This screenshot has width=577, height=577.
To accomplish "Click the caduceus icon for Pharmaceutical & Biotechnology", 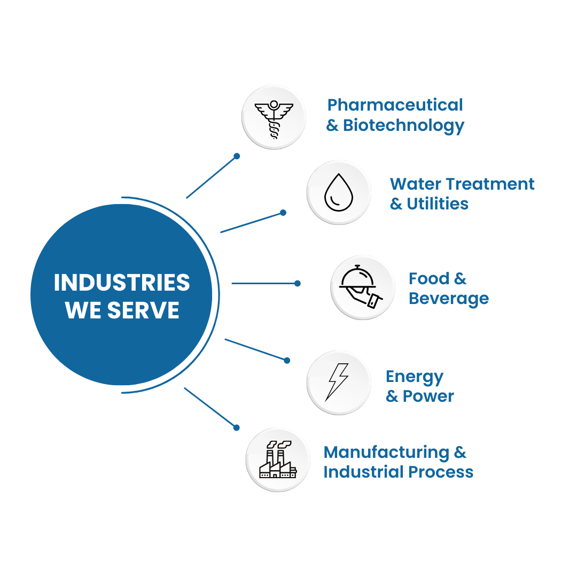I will click(x=274, y=118).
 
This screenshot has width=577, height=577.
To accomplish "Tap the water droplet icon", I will click(x=339, y=192).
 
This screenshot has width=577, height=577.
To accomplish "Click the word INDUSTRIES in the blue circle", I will click(x=122, y=283).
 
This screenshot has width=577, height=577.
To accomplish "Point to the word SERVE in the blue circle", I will click(x=144, y=310).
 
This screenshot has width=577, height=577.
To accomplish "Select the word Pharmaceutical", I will click(x=395, y=105).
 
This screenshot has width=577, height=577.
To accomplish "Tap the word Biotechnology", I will click(x=403, y=126).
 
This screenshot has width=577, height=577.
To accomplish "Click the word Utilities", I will click(x=438, y=204).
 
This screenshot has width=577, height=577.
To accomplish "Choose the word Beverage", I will click(x=449, y=298).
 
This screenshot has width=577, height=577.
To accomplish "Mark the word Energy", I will click(x=415, y=377).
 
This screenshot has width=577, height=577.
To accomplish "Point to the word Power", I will click(x=428, y=396).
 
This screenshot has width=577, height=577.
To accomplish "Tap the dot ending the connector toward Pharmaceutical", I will click(x=237, y=156).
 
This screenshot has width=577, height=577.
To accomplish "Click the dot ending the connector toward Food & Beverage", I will click(x=298, y=283).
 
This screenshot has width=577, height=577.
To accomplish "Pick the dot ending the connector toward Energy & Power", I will click(x=287, y=361).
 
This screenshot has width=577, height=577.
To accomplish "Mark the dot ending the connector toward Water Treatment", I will click(x=283, y=213).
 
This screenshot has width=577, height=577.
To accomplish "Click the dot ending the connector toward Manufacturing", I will click(x=237, y=427).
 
